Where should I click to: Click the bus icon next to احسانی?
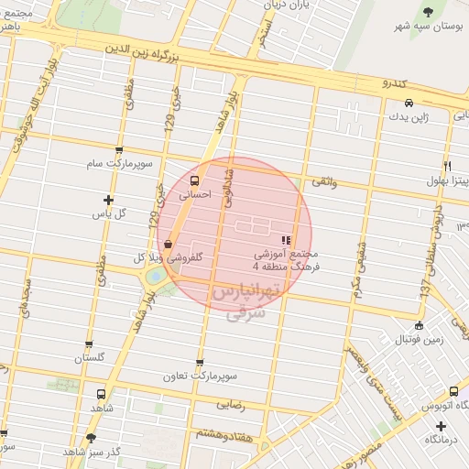click(193, 180)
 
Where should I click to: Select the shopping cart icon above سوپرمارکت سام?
click(118, 149)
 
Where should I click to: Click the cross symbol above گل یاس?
click(109, 200)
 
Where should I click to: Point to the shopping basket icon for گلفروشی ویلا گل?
click(169, 244)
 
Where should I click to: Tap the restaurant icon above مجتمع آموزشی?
click(287, 239)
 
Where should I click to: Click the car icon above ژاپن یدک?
click(409, 103)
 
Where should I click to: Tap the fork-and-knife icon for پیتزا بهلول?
click(447, 166)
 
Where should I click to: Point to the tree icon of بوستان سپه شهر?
click(429, 11)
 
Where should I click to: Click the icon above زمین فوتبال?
click(420, 325)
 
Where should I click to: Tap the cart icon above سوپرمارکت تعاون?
click(200, 363)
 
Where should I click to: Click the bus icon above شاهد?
click(99, 394)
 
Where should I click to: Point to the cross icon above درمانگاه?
click(442, 426)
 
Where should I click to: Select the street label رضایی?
click(229, 403)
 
